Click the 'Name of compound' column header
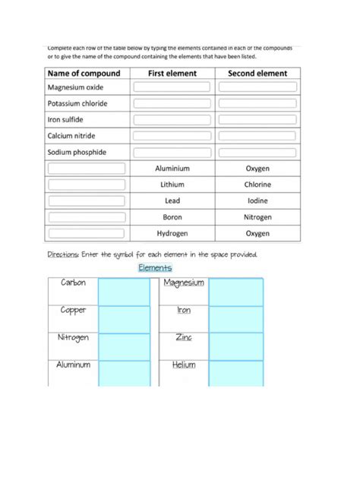pyautogui.click(x=84, y=74)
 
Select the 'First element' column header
pyautogui.click(x=172, y=74)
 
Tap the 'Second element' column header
pyautogui.click(x=257, y=74)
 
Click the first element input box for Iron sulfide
pyautogui.click(x=172, y=120)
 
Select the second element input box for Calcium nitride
pyautogui.click(x=257, y=136)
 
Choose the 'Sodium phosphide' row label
pyautogui.click(x=77, y=152)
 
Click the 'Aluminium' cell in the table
pyautogui.click(x=172, y=169)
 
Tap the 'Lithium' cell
pyautogui.click(x=172, y=185)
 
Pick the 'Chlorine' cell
pyautogui.click(x=257, y=185)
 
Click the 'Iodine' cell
pyautogui.click(x=257, y=201)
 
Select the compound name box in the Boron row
pyautogui.click(x=87, y=217)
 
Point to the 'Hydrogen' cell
pyautogui.click(x=172, y=233)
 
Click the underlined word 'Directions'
pyautogui.click(x=63, y=254)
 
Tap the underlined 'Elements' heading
pyautogui.click(x=155, y=267)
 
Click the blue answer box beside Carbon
pyautogui.click(x=124, y=292)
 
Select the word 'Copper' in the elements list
pyautogui.click(x=73, y=310)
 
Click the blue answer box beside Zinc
pyautogui.click(x=235, y=346)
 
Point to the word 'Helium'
pyautogui.click(x=184, y=365)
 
